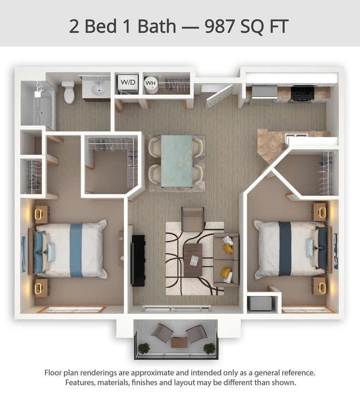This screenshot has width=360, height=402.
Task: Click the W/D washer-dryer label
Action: [x=127, y=82]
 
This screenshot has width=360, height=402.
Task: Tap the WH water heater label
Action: [x=151, y=83]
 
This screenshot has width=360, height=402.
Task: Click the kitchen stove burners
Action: [x=303, y=92]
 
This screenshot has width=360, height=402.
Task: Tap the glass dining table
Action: [x=177, y=161]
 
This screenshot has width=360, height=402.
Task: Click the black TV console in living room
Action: [x=138, y=260]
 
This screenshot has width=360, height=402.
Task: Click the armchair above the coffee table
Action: [x=193, y=219]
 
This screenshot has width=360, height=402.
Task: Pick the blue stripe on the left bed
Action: [x=76, y=250]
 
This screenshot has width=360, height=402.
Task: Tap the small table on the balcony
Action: [x=178, y=342]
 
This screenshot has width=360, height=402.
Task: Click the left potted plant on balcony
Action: [x=144, y=348]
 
